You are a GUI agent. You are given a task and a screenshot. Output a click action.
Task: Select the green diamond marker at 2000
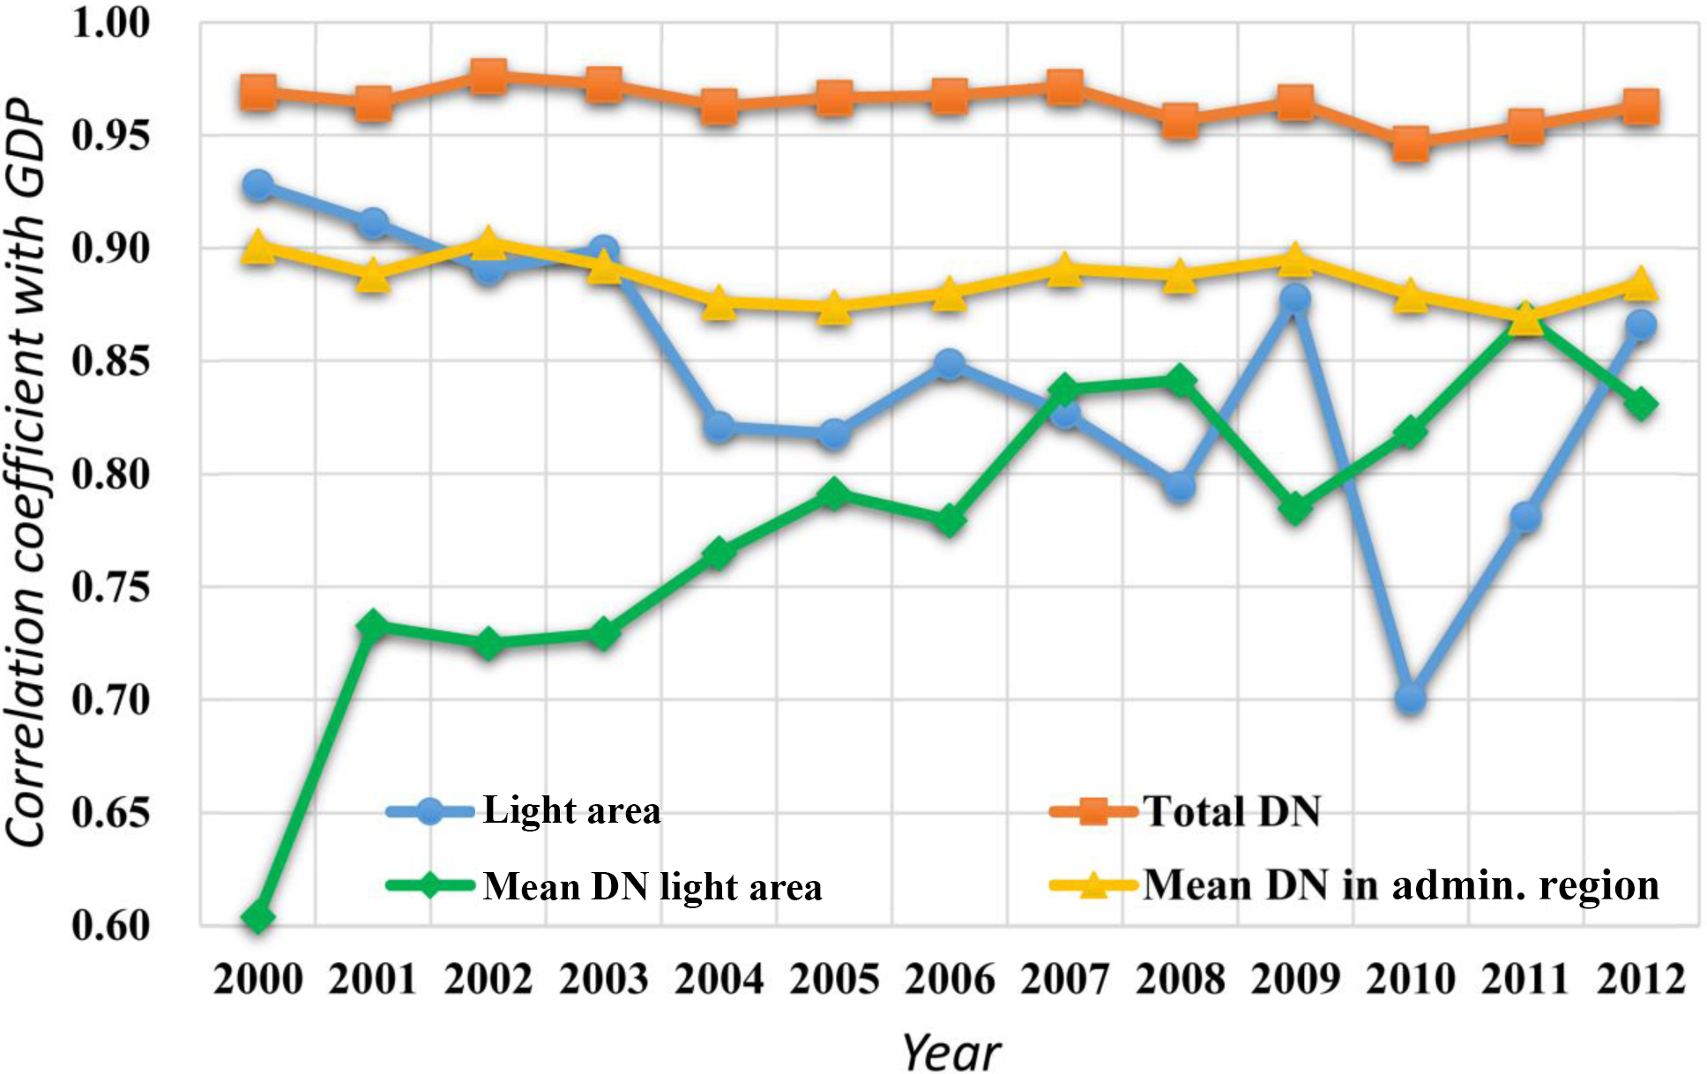coord(257,916)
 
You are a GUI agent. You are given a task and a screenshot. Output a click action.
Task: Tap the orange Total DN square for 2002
coord(488,77)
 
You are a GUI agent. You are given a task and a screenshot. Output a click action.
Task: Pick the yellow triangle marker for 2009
coord(1294,260)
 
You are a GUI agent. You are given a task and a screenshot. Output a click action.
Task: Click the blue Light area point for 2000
coord(257,185)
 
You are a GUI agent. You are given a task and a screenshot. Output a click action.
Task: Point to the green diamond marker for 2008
coord(1180,381)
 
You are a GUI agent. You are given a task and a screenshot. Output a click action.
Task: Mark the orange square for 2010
coord(1410,143)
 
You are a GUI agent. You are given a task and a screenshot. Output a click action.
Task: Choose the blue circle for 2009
coord(1294,299)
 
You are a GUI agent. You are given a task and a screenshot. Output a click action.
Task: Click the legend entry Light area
coord(571,810)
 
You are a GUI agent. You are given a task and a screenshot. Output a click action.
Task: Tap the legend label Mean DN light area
coord(652,886)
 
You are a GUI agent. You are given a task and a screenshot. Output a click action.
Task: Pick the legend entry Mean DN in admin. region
coord(1400,884)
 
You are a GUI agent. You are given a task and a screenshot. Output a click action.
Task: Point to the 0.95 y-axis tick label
coord(111,136)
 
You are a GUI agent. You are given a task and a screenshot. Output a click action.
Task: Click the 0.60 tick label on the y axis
coord(111,926)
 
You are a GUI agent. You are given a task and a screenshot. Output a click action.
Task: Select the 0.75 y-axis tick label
coord(111,587)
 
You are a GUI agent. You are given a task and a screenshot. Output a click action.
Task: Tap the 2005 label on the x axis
coord(834,980)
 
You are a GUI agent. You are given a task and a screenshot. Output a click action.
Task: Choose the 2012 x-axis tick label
coord(1640,980)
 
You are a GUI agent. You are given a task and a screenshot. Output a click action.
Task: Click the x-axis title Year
coord(950,1052)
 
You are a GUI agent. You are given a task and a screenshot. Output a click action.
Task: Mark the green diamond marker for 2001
coord(373,625)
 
